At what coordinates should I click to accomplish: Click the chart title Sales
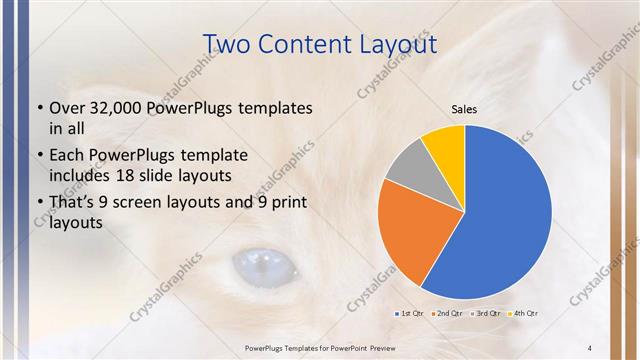[x=465, y=109]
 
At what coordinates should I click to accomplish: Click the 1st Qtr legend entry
[x=413, y=314]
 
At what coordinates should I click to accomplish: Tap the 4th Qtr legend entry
[x=526, y=314]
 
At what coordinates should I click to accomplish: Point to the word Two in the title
[x=229, y=44]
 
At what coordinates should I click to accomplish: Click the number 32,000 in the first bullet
[x=114, y=107]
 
